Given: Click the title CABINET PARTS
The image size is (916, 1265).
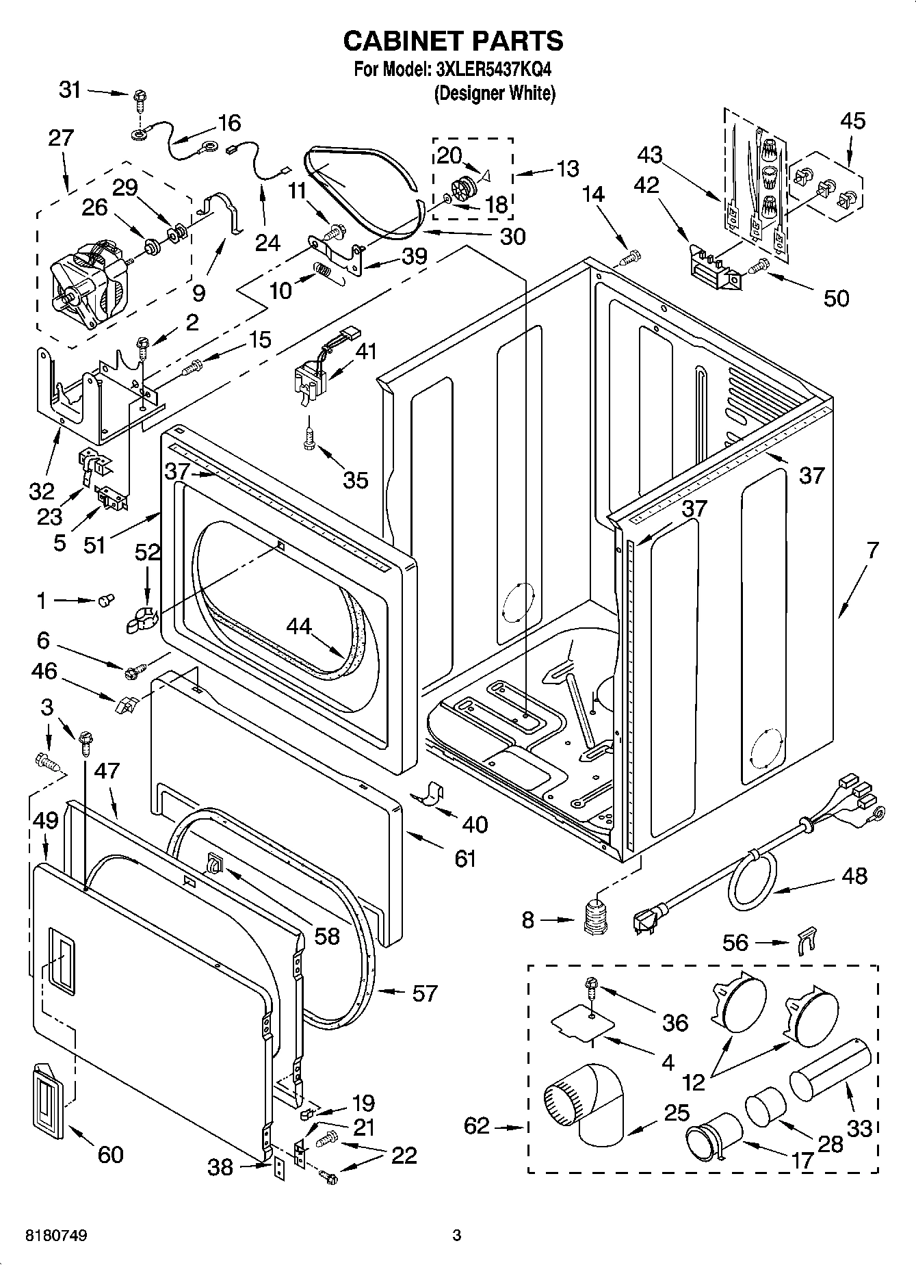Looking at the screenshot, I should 453,41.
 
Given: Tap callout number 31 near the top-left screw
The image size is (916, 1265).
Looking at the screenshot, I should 70,90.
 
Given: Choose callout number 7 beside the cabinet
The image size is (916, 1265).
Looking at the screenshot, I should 871,549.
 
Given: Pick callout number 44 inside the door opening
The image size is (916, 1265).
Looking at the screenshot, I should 299,625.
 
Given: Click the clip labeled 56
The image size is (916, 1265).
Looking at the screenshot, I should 807,942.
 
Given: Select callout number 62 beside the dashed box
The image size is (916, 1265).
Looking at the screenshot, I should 477,1125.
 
